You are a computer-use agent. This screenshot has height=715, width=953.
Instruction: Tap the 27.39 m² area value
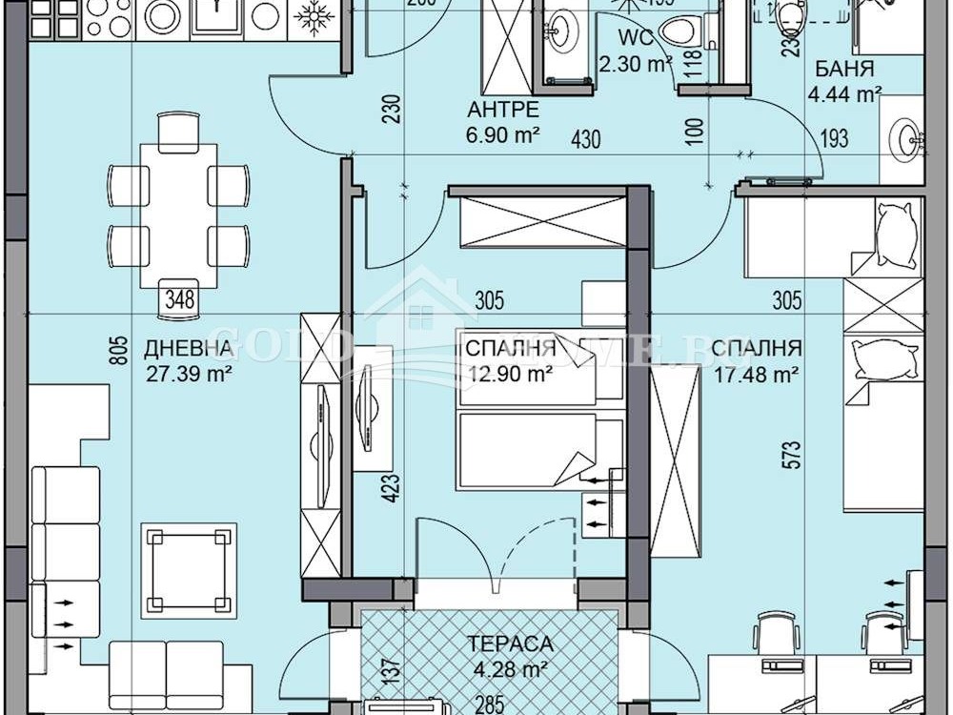pyautogui.click(x=190, y=375)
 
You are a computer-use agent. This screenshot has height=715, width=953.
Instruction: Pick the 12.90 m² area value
pyautogui.click(x=510, y=375)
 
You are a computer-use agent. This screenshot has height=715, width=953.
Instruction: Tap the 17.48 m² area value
pyautogui.click(x=756, y=375)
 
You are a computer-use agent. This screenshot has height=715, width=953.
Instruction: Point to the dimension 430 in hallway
pyautogui.click(x=586, y=139)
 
